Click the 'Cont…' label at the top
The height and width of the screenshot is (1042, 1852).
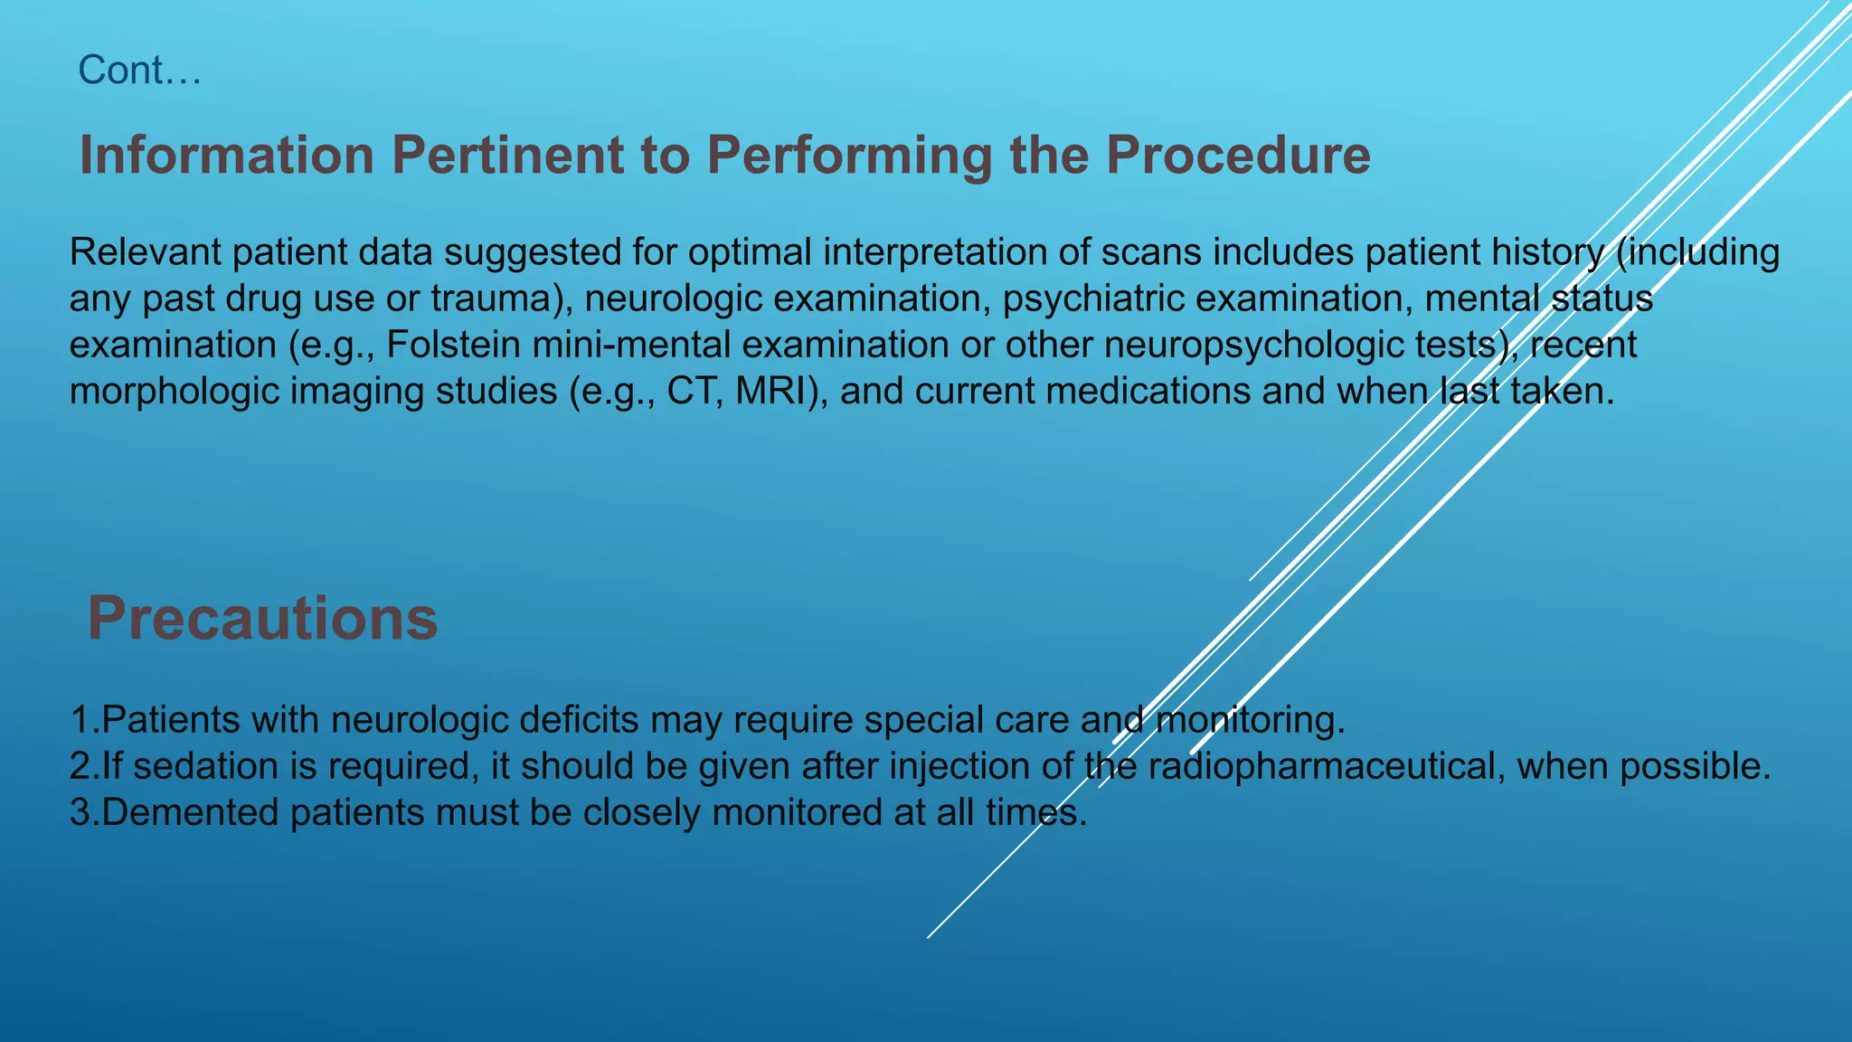click(x=139, y=71)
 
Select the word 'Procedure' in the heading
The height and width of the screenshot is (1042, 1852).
click(x=1238, y=156)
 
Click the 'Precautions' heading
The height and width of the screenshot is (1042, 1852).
click(x=262, y=619)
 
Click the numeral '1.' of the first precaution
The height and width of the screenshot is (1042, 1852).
click(x=84, y=720)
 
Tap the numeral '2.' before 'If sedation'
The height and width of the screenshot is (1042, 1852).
click(x=84, y=766)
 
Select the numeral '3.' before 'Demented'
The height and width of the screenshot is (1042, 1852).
click(x=84, y=812)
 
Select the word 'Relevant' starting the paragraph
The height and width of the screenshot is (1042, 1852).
click(x=145, y=252)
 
